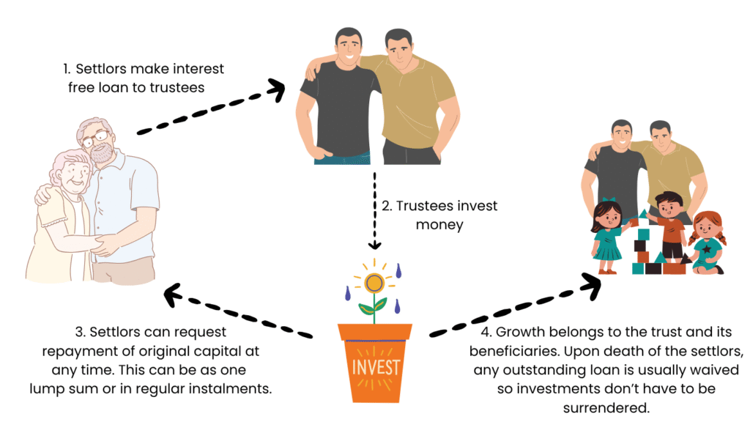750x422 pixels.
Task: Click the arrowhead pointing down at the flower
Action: [375, 244]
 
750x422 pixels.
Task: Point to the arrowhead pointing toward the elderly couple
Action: [174, 295]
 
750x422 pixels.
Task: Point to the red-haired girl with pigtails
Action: [706, 242]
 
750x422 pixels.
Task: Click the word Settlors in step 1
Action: [100, 70]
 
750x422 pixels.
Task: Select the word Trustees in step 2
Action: [426, 206]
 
